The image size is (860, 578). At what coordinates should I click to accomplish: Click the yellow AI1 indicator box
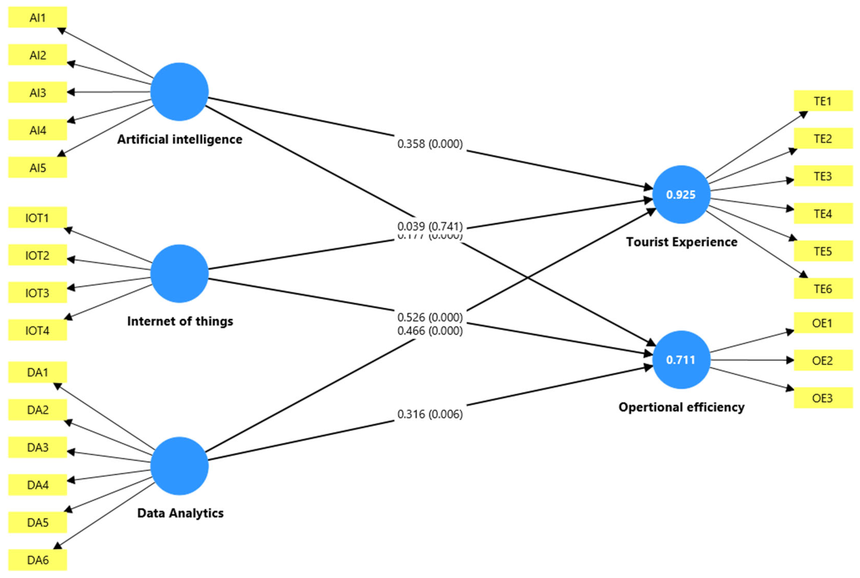coord(38,17)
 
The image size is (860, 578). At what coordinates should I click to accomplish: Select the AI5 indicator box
coord(38,168)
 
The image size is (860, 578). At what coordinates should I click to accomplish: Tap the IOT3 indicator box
coord(38,293)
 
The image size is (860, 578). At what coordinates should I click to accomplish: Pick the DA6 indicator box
coord(38,560)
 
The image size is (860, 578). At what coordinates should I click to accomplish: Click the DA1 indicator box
coord(38,372)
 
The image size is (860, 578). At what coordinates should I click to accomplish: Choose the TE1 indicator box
coord(823,101)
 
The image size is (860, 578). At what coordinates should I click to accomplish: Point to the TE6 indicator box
coord(823,289)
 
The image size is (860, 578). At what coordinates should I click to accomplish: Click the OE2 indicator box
coord(823,360)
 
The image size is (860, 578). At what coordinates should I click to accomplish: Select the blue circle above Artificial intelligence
coord(180,92)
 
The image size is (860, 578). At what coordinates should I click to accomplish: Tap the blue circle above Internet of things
coord(180,274)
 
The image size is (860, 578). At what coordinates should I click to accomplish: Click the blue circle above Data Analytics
coord(180,466)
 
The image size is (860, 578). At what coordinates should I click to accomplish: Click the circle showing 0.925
coord(681,195)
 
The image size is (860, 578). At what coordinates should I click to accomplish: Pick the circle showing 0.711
coord(681,360)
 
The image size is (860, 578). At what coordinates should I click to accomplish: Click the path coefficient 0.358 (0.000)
coord(430,144)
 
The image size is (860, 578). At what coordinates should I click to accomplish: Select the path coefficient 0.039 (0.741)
coord(430,226)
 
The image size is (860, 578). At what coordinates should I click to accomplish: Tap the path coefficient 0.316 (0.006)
coord(430,414)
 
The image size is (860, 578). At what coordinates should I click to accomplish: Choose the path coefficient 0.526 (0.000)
coord(430,317)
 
